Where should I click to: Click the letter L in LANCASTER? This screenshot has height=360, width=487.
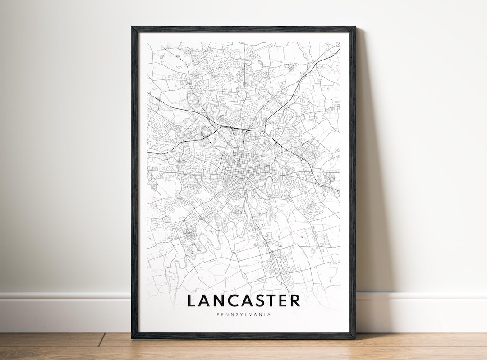(192, 300)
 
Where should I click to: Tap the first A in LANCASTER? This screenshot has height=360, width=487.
(206, 300)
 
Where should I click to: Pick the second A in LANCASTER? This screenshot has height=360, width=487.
(251, 300)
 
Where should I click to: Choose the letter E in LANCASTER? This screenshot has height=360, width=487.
(285, 300)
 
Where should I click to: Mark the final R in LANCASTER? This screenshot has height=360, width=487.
(296, 300)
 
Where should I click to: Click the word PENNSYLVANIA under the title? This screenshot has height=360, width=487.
(243, 314)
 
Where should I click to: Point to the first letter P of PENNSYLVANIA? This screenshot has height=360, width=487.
(218, 314)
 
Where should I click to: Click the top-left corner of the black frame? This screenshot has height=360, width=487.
(133, 28)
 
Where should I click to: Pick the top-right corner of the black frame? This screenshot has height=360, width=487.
(354, 28)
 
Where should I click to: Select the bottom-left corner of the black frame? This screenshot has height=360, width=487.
(133, 338)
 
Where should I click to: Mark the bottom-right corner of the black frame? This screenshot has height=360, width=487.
(354, 338)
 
